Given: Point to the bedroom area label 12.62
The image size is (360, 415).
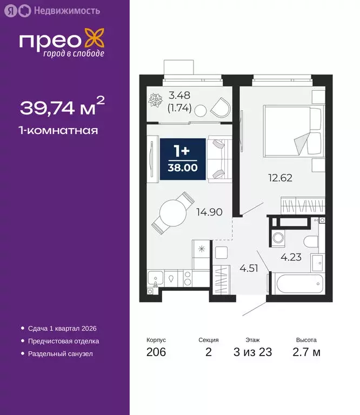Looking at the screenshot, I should [x=280, y=177].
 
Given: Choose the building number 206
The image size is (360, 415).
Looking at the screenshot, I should [x=156, y=353].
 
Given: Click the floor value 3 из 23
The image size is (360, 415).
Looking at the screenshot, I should [x=252, y=353].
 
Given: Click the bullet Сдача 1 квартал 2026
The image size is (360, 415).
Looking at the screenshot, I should [x=62, y=328].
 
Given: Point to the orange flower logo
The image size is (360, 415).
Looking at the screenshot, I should [x=95, y=42].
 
